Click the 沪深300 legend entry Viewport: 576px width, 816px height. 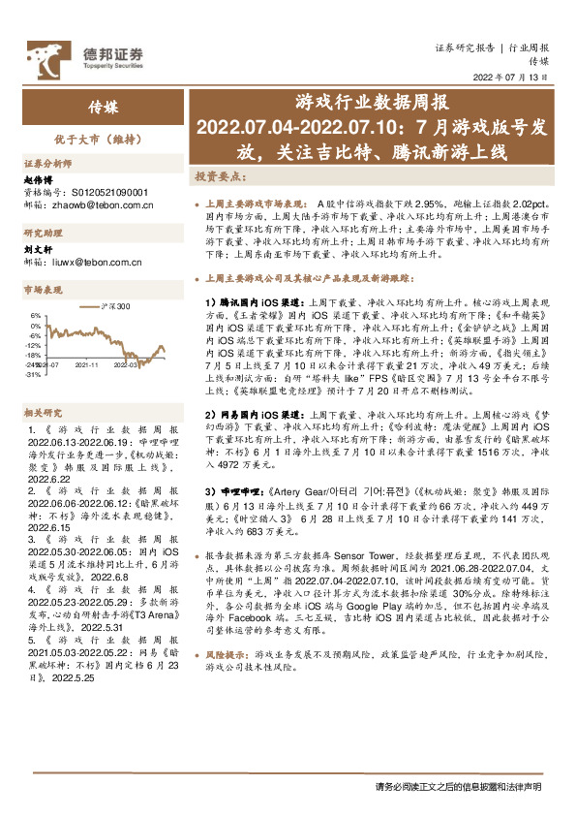pyautogui.click(x=114, y=306)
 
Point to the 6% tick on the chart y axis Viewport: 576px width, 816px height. pyautogui.click(x=35, y=316)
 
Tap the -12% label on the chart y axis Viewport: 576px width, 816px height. pyautogui.click(x=33, y=345)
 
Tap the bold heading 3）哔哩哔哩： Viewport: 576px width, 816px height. pyautogui.click(x=238, y=491)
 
